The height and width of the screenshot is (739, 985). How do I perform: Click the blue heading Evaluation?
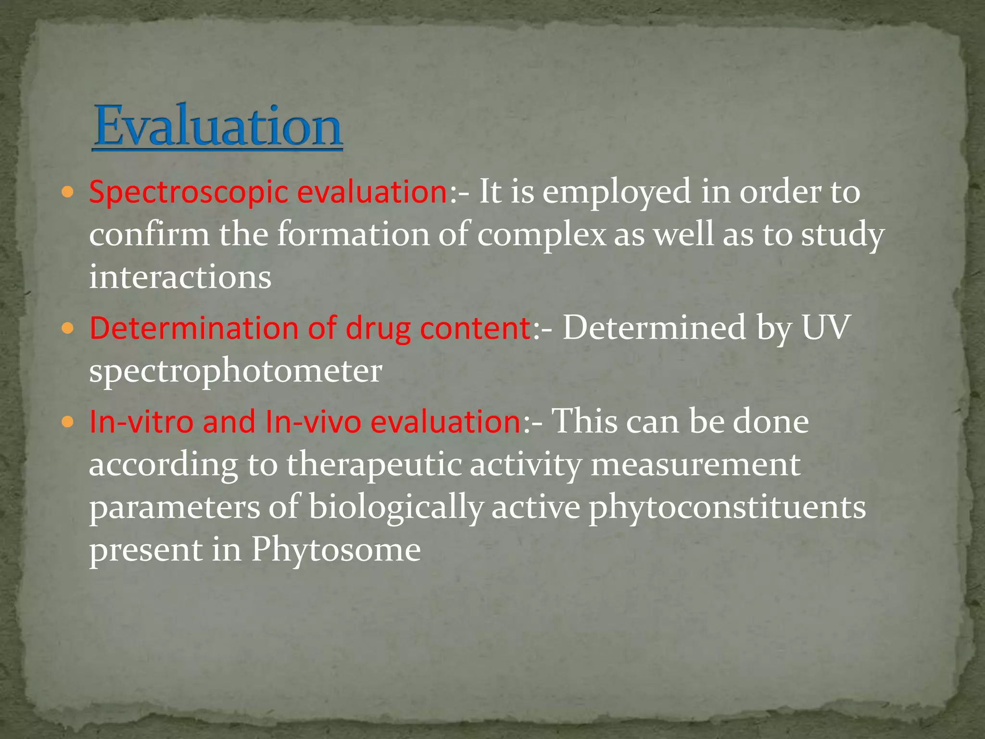pyautogui.click(x=217, y=126)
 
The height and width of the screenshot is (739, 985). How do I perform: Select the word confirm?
pyautogui.click(x=149, y=235)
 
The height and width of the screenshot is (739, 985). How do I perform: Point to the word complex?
pyautogui.click(x=542, y=235)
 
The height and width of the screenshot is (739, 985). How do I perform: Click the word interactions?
pyautogui.click(x=180, y=278)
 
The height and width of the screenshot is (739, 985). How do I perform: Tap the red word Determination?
pyautogui.click(x=194, y=329)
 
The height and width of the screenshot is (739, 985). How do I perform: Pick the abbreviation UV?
pyautogui.click(x=826, y=329)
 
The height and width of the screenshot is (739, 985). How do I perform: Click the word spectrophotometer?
pyautogui.click(x=236, y=371)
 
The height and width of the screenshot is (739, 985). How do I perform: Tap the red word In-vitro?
pyautogui.click(x=141, y=422)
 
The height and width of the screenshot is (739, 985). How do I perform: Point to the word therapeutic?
pyautogui.click(x=374, y=465)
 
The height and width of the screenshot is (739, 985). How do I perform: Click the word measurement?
pyautogui.click(x=695, y=465)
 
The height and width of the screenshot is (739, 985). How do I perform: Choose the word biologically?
pyautogui.click(x=395, y=508)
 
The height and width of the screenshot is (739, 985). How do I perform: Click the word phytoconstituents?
pyautogui.click(x=727, y=508)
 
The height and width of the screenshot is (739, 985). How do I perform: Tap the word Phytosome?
pyautogui.click(x=336, y=550)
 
